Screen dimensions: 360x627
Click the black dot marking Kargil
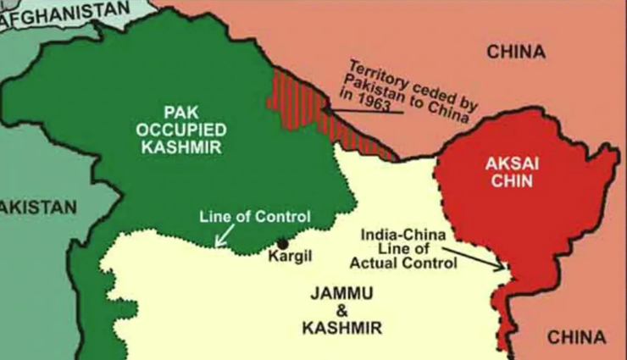coord(282,244)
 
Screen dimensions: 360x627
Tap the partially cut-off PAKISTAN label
coord(37,207)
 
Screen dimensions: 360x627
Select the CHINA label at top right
coord(515,53)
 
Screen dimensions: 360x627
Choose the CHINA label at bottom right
coord(576,337)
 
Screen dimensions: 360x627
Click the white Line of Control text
coord(254,217)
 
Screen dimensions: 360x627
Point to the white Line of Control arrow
coord(225,236)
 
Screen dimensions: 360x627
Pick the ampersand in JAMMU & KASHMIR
coord(344,311)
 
